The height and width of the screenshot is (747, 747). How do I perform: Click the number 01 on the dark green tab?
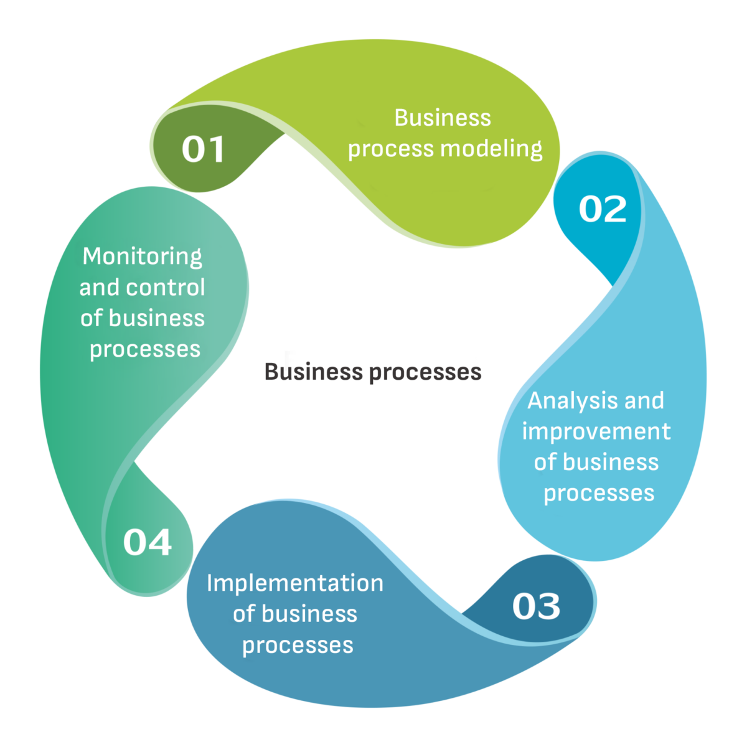[x=203, y=150]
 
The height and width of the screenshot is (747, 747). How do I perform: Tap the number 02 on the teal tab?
[x=603, y=209]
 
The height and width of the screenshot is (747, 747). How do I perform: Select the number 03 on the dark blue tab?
[x=536, y=606]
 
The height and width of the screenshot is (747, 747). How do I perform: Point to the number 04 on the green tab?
[x=147, y=542]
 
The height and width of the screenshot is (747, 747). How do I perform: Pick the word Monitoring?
[x=143, y=256]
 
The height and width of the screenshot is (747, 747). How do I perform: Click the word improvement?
[x=596, y=431]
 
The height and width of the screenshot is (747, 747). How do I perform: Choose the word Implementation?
[x=295, y=583]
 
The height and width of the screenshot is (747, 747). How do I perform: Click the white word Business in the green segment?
[x=443, y=118]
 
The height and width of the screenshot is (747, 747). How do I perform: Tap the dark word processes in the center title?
[x=425, y=372]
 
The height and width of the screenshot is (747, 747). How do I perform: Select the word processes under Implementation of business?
[x=298, y=645]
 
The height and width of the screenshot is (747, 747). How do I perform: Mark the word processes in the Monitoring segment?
[x=145, y=349]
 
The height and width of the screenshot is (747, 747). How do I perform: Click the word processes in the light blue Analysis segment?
[x=599, y=493]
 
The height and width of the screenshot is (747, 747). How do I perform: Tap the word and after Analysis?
[x=644, y=400]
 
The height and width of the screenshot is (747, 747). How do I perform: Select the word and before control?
[x=100, y=288]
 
